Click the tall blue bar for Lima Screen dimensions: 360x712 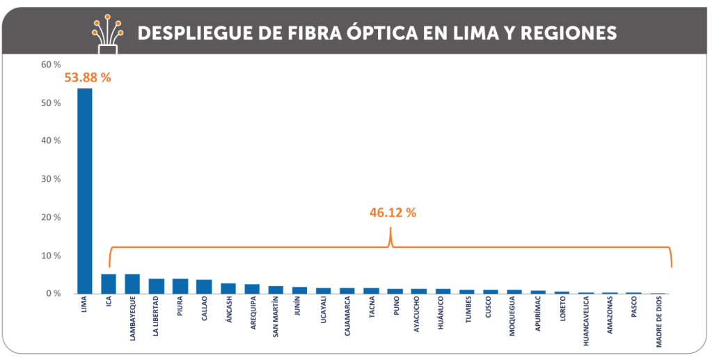84,191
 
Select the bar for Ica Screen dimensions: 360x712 109,283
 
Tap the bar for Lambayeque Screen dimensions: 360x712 132,283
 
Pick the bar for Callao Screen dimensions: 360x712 204,286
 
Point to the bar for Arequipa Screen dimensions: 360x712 252,288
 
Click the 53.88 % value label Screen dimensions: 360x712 88,77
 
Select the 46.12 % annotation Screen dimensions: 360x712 393,212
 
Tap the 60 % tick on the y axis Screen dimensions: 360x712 52,65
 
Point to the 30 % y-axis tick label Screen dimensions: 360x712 52,179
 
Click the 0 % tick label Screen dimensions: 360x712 54,293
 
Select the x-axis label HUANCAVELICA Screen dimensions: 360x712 587,322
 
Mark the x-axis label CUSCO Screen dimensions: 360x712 491,310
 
